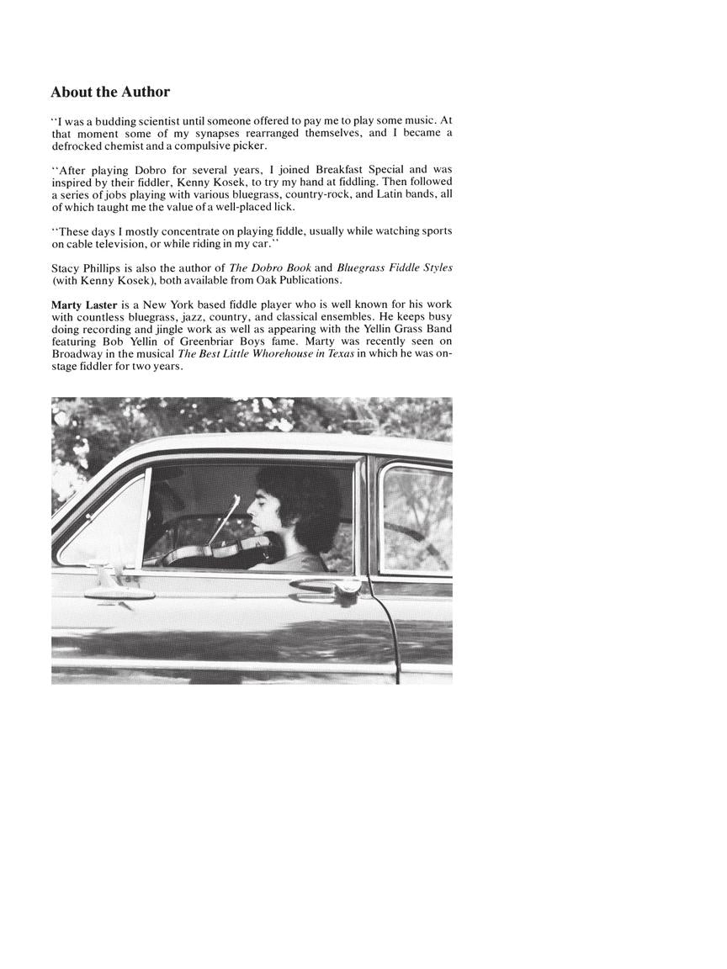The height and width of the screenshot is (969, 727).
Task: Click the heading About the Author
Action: click(110, 92)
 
